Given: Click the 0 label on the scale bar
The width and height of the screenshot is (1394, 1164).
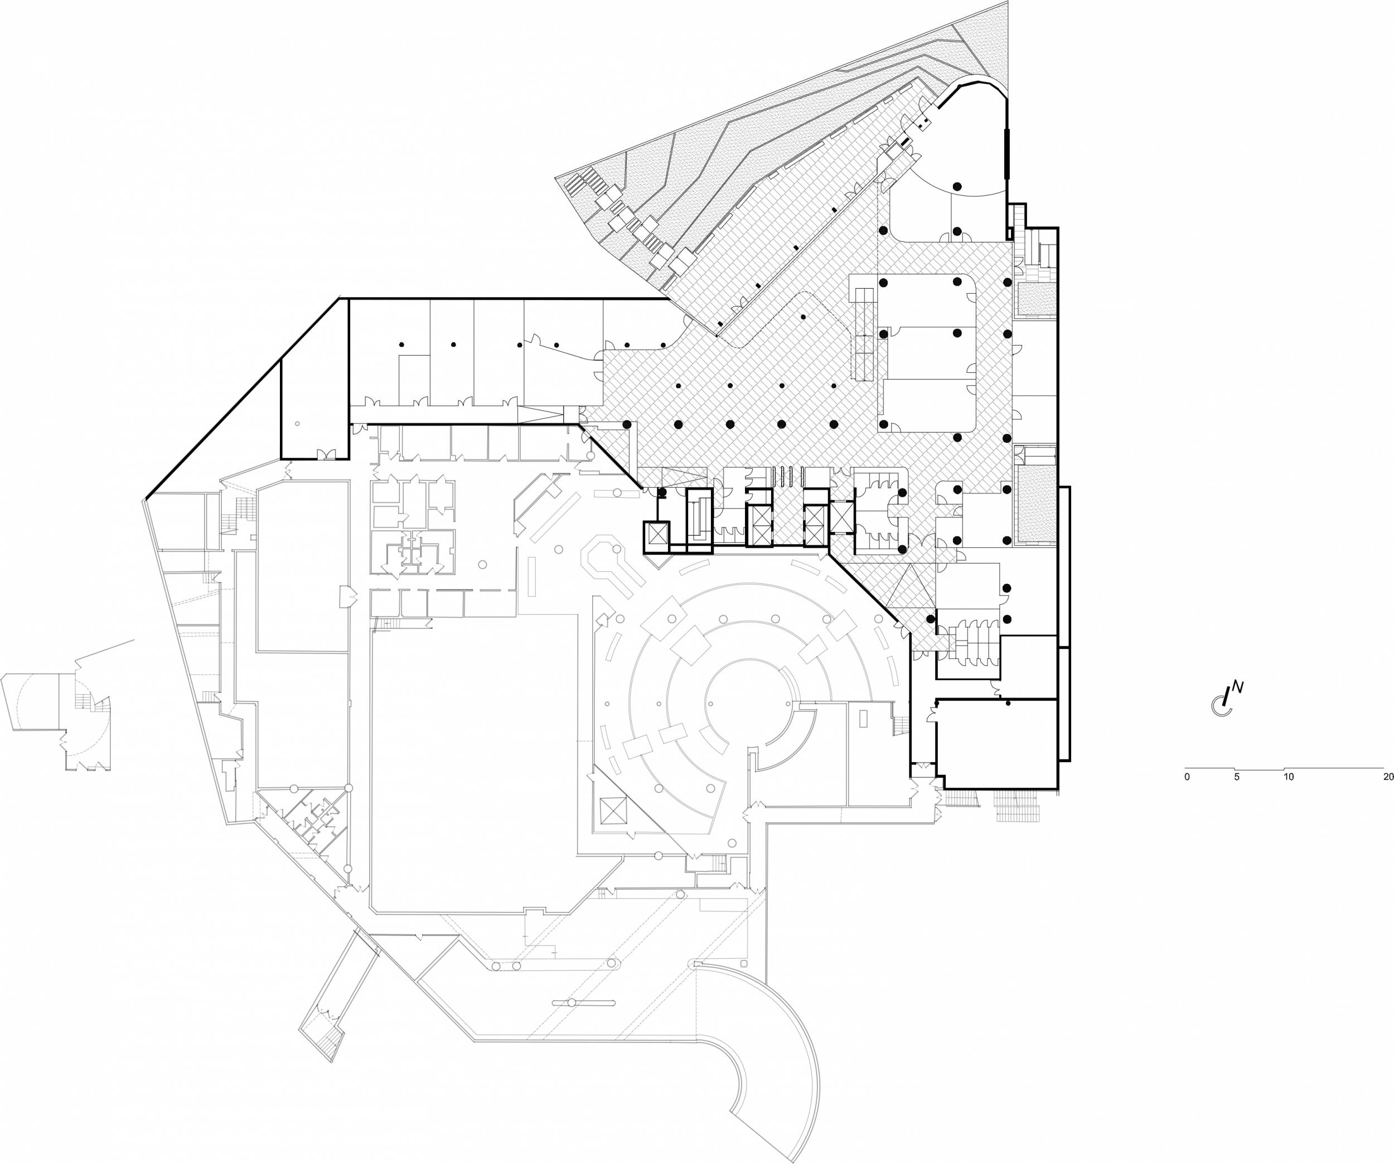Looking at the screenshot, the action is click(1187, 777).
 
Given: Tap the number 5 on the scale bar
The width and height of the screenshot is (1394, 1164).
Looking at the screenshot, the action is click(1237, 777).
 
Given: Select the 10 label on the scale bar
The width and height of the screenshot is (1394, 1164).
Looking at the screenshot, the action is click(1288, 777).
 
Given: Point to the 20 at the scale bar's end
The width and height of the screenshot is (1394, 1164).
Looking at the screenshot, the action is click(1387, 777).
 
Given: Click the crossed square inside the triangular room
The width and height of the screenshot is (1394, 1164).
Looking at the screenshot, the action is click(613, 812).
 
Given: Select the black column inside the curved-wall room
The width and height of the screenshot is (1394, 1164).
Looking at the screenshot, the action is click(956, 185).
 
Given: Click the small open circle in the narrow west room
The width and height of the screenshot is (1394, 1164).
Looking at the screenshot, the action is click(297, 423).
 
